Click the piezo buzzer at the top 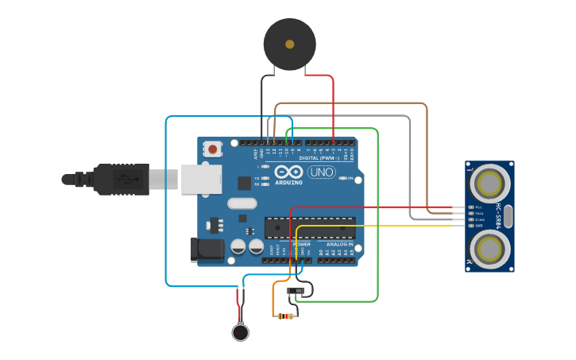[289, 44]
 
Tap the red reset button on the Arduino [212, 148]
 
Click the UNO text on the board [321, 172]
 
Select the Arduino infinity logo [288, 172]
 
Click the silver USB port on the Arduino [200, 180]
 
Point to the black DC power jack [207, 250]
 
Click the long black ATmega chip [310, 227]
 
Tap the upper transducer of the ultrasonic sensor [489, 184]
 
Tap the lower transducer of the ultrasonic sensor [489, 248]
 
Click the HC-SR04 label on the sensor [499, 216]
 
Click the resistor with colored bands [285, 316]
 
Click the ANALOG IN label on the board [339, 244]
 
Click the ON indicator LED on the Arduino [342, 178]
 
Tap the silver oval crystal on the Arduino [242, 203]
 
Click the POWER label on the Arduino [301, 244]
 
